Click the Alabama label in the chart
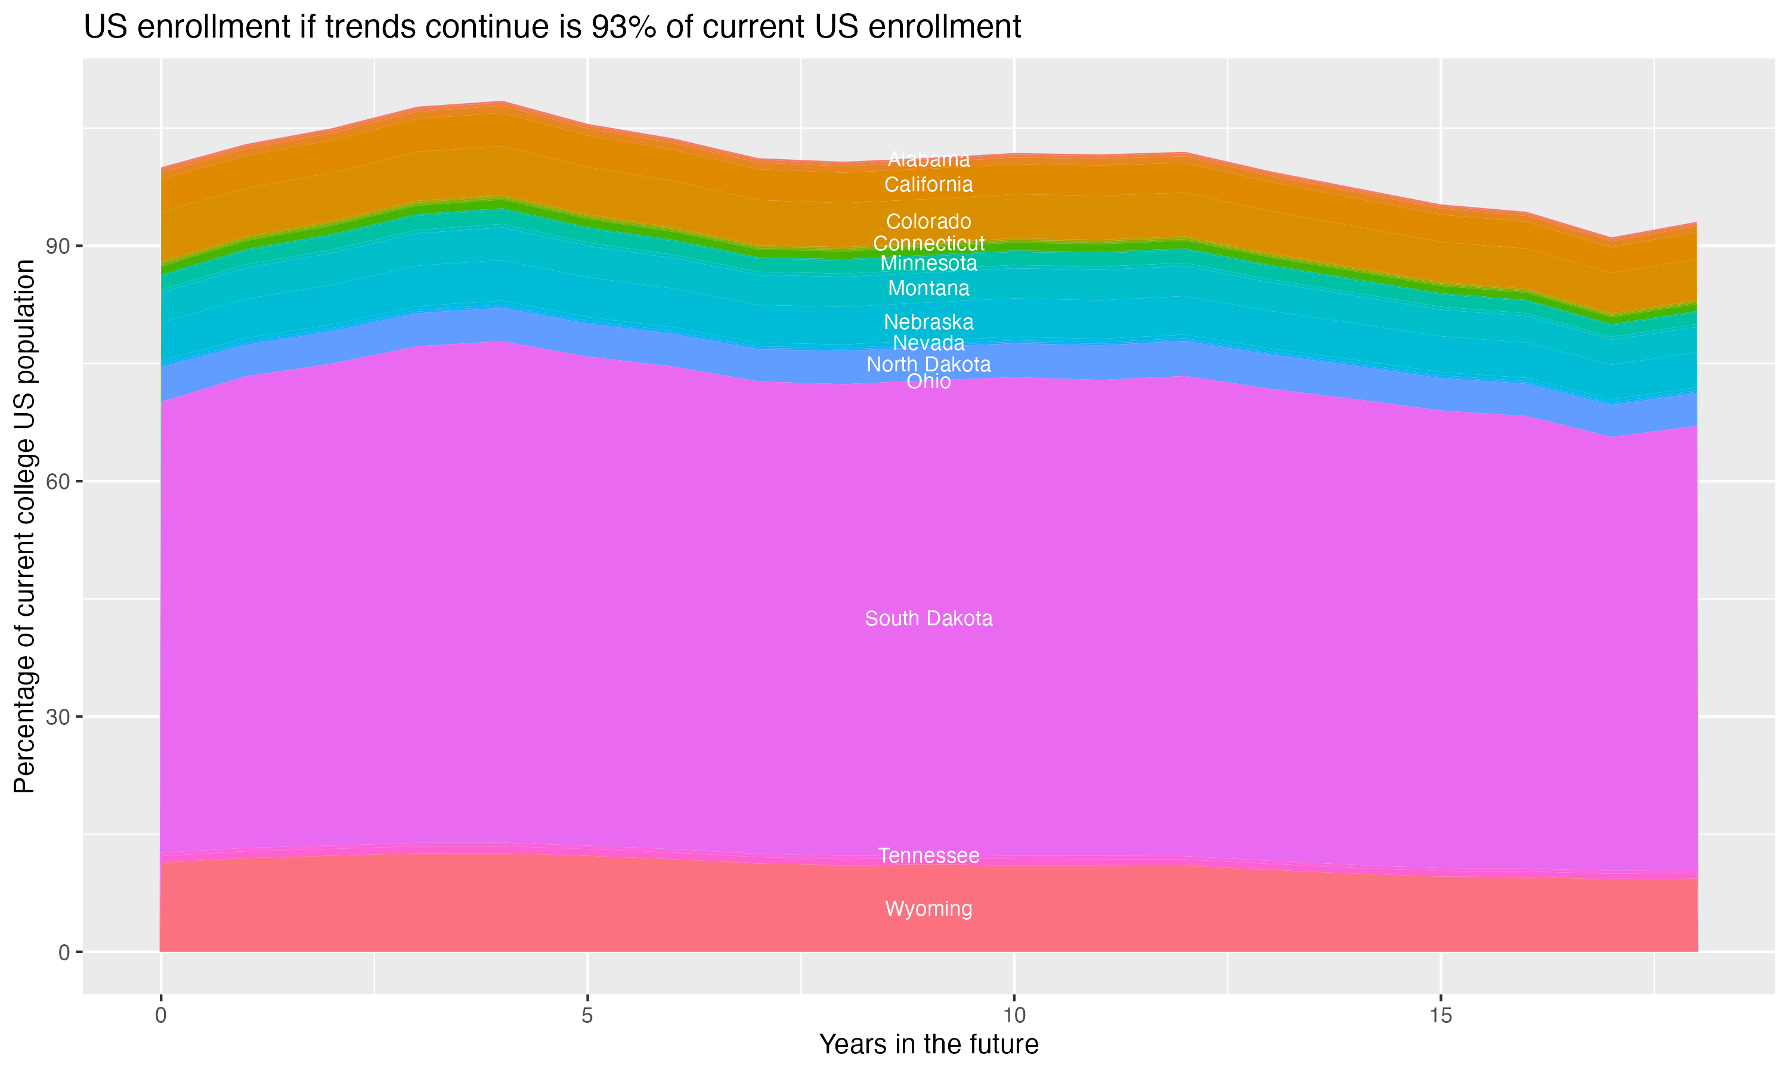[928, 160]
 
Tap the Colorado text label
[928, 221]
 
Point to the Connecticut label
[928, 244]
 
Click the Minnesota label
[928, 263]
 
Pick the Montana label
[928, 289]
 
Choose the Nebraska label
[928, 322]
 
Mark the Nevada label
[928, 343]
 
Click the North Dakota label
[928, 364]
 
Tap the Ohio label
[928, 381]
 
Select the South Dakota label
[928, 619]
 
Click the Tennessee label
[928, 855]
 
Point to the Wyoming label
[928, 909]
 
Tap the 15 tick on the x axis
[1441, 1016]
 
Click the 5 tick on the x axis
[587, 1016]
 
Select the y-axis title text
[24, 526]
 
